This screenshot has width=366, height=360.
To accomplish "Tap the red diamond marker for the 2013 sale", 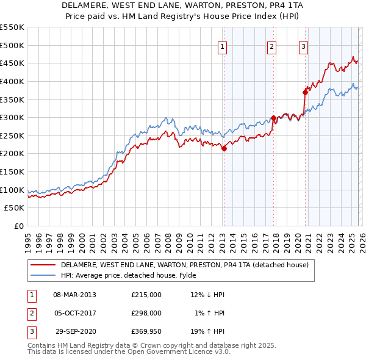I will click(x=224, y=148).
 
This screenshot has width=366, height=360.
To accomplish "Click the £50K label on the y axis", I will click(x=14, y=207).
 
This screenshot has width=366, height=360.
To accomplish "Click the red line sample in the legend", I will click(x=43, y=265).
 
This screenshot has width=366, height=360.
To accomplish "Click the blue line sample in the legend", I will click(x=43, y=275).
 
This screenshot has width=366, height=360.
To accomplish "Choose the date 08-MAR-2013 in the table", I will click(x=74, y=295).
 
